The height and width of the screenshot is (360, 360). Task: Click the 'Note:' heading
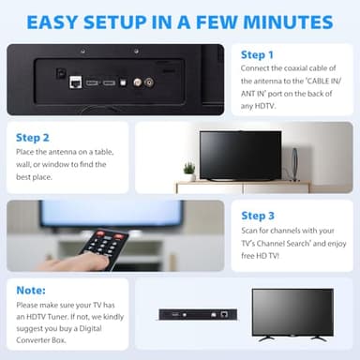pos(31,292)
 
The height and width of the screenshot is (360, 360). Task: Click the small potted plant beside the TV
pos(189,170)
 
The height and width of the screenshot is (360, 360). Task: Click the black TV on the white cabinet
pos(240,155)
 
